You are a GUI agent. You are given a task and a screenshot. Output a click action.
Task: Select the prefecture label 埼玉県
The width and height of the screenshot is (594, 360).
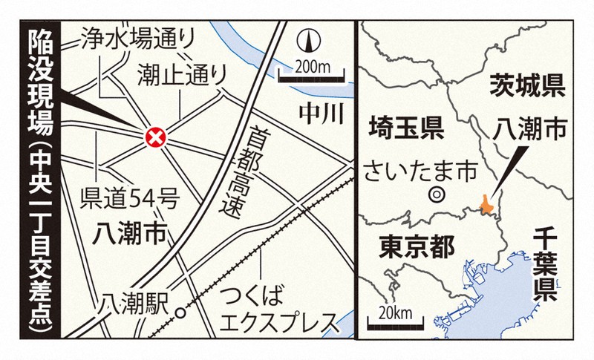[x=405, y=129]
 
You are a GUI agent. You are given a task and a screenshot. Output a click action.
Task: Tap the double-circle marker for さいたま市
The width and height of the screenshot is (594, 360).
[x=437, y=196]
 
